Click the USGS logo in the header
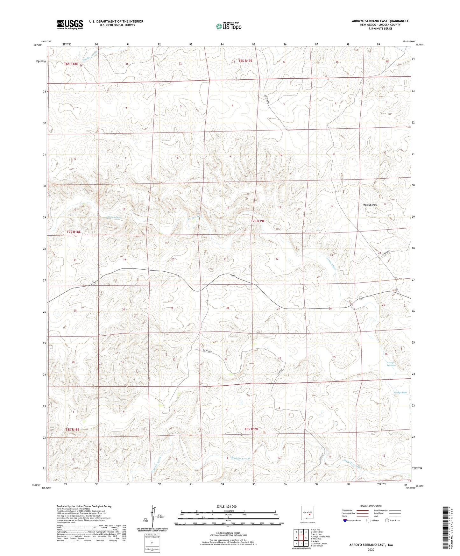click(x=70, y=24)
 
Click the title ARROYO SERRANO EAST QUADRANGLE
click(x=380, y=21)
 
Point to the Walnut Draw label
click(x=370, y=205)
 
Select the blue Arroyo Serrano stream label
click(x=391, y=364)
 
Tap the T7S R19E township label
click(x=258, y=221)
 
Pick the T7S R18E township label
click(x=74, y=232)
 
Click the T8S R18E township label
click(x=72, y=429)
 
